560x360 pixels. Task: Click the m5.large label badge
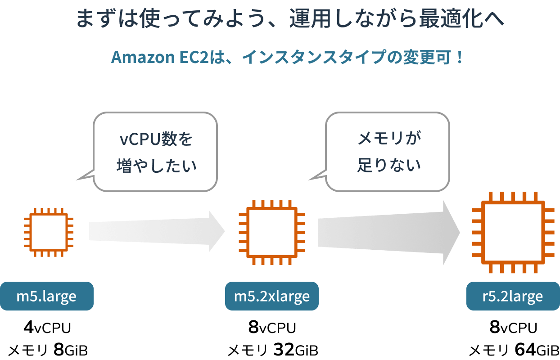click(x=46, y=296)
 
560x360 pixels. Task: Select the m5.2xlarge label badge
click(x=272, y=296)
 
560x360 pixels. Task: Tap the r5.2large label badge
click(x=513, y=296)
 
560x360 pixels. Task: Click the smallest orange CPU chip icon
click(x=49, y=232)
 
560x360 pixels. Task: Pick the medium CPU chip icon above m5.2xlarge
click(x=272, y=232)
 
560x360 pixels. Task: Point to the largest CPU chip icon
click(x=513, y=232)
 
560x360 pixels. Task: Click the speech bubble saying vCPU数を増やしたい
click(x=155, y=152)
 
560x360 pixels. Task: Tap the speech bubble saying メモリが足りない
click(x=387, y=152)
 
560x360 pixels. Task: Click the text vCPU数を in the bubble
click(x=156, y=139)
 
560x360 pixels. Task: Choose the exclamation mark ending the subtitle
click(x=459, y=58)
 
